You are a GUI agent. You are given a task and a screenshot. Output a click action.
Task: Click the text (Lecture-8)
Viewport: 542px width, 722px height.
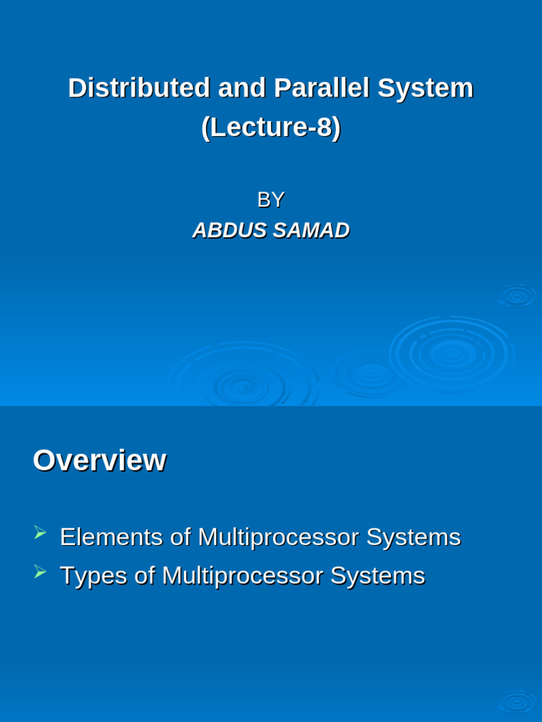pos(271,128)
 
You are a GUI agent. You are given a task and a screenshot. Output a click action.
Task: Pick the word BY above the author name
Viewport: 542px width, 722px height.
pos(270,200)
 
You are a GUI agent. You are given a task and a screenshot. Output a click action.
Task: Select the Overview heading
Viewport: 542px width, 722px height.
pos(100,460)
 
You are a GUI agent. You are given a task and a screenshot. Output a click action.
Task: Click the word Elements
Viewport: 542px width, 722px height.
pos(112,537)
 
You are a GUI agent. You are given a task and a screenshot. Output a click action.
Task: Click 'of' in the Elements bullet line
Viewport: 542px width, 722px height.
pos(181,537)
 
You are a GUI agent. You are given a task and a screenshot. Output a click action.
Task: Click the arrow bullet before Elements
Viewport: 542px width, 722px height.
pos(40,532)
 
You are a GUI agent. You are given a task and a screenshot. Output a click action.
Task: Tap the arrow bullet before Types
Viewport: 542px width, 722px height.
pos(40,571)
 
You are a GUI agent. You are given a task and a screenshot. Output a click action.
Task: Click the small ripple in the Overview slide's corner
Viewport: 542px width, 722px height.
pos(517,702)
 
